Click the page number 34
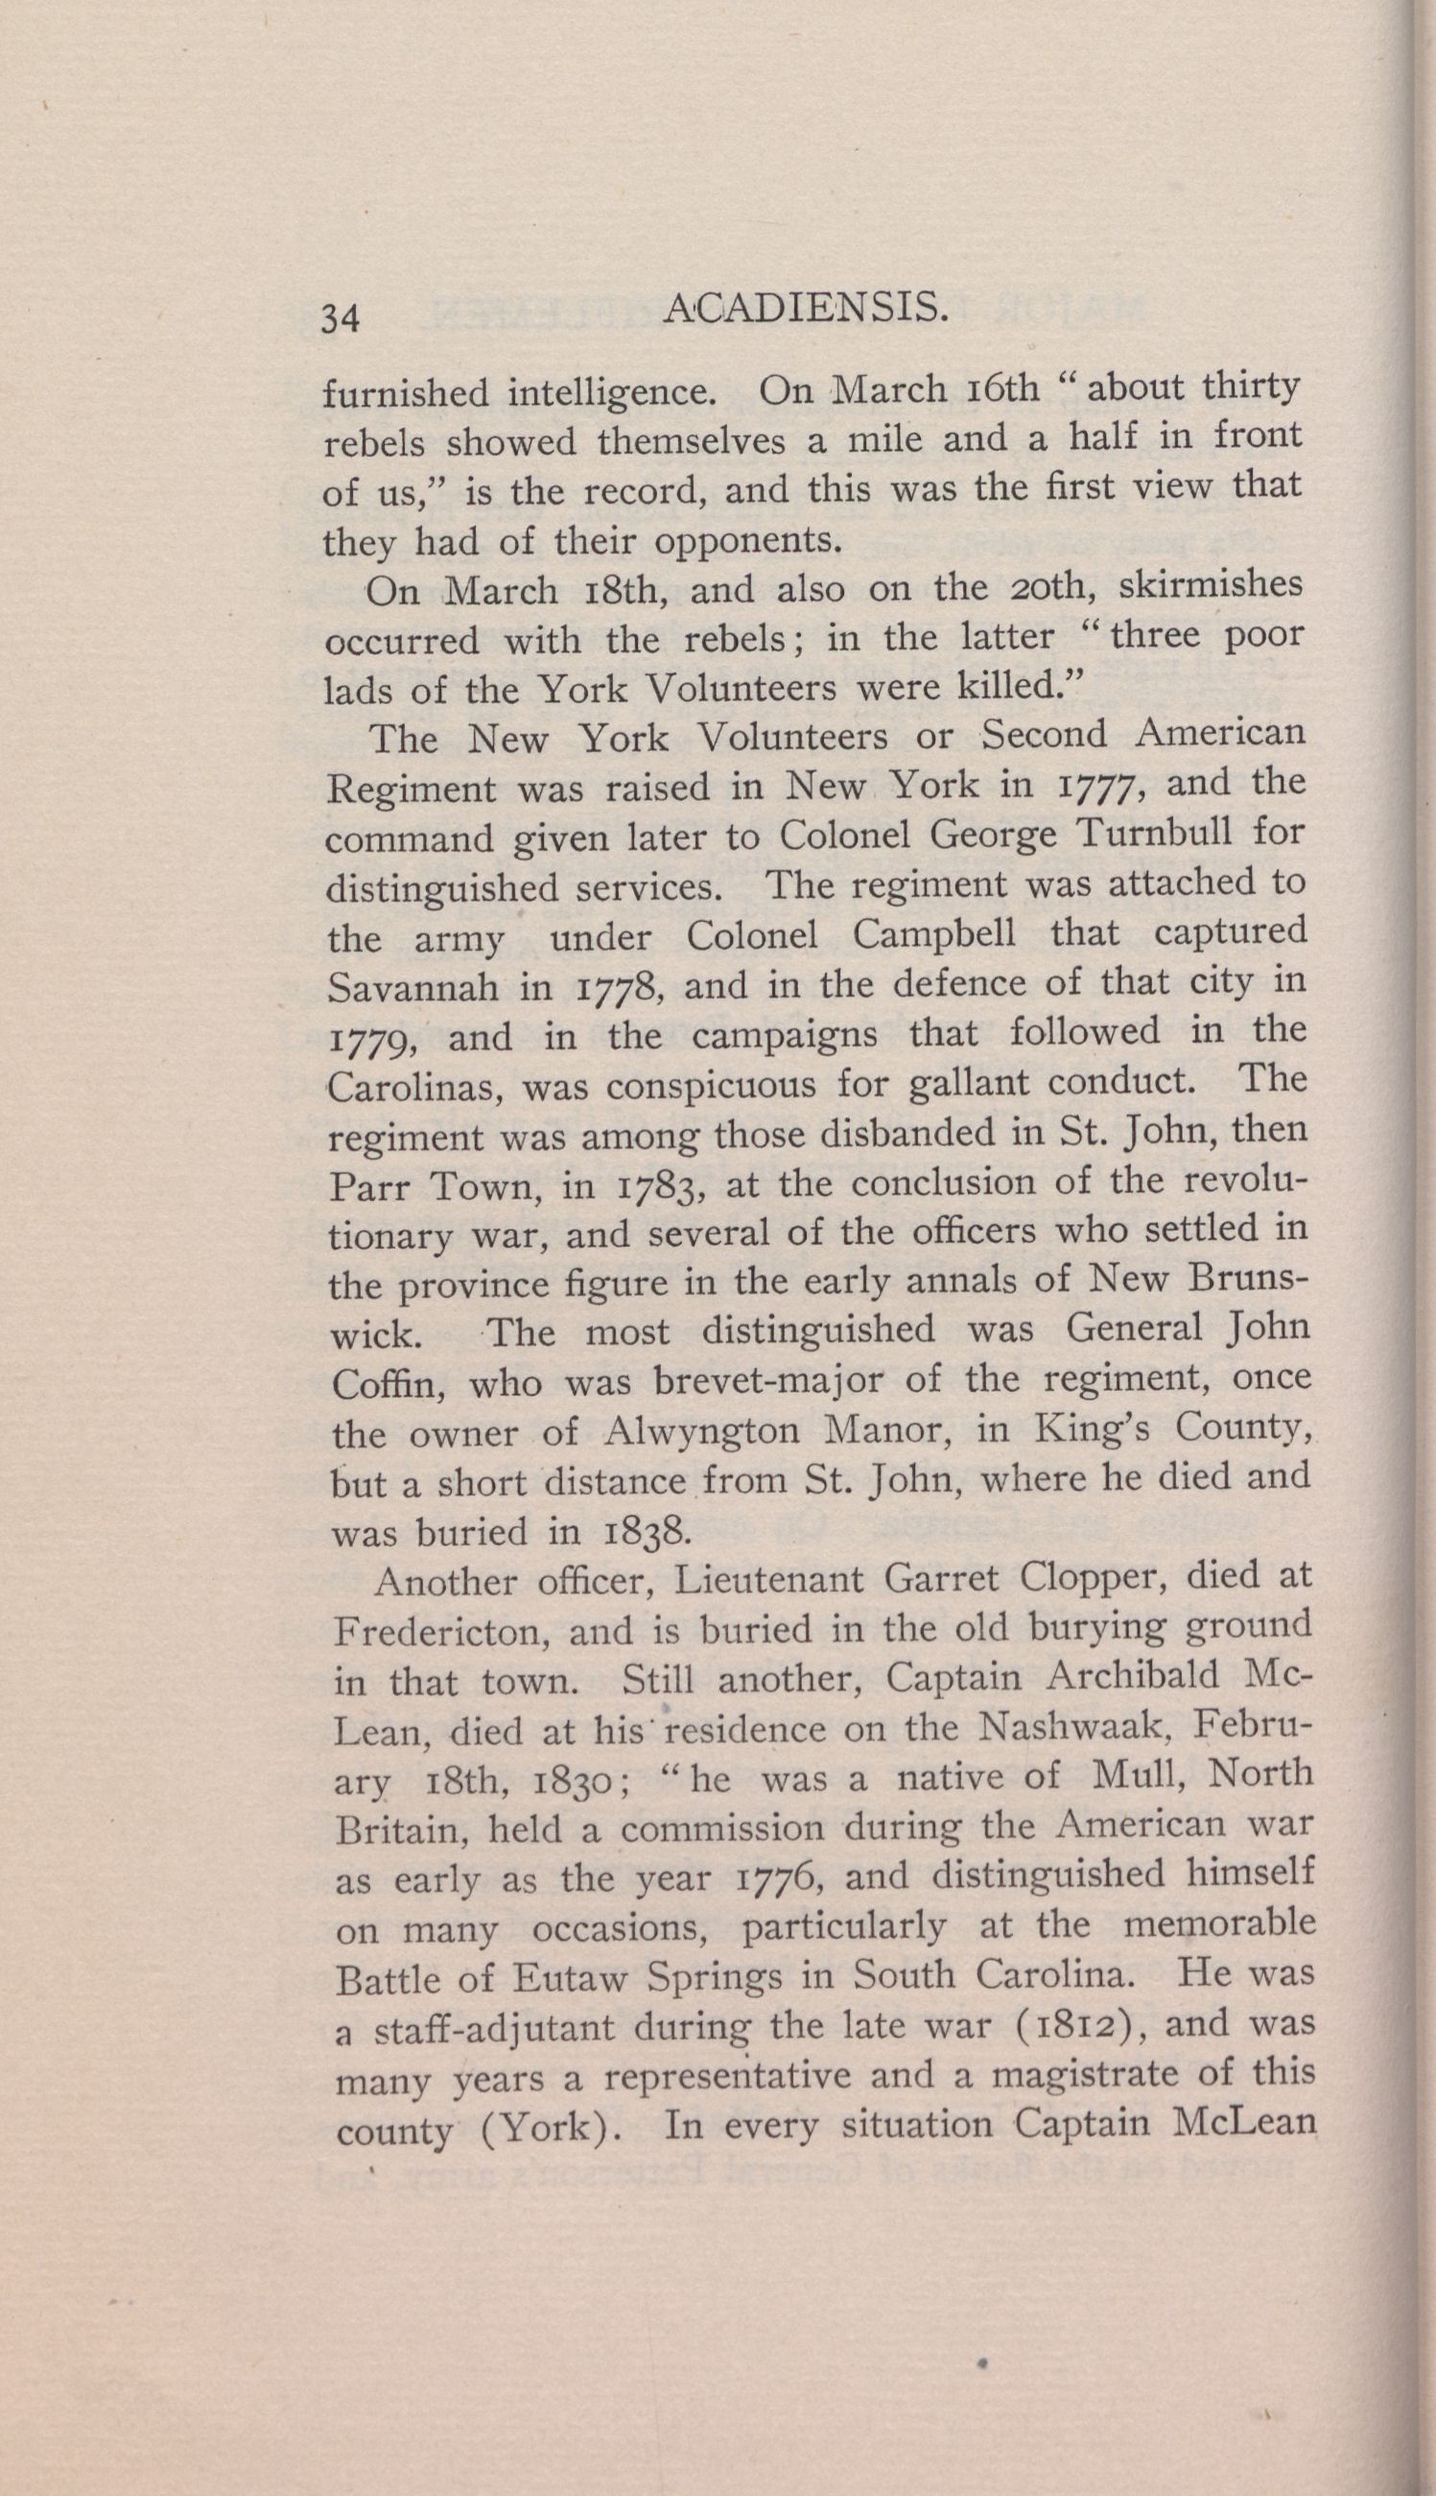pos(339,319)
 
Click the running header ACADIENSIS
pos(807,312)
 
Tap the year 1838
pos(646,1532)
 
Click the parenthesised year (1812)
pos(1065,2026)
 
